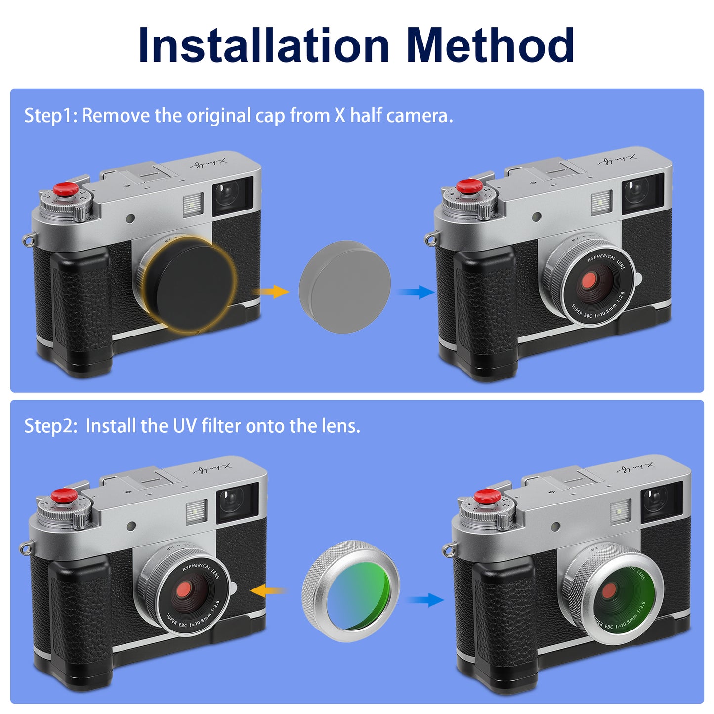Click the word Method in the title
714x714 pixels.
490,45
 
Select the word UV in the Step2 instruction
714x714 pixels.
185,426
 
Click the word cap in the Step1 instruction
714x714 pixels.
270,116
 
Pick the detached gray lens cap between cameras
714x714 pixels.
345,286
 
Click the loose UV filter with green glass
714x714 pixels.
351,591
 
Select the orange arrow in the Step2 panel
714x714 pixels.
267,590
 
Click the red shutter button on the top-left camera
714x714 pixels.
65,189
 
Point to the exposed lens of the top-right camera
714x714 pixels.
589,283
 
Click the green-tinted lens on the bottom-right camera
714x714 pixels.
620,595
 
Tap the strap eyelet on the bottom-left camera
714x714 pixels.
24,548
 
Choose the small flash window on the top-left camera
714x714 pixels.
193,204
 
